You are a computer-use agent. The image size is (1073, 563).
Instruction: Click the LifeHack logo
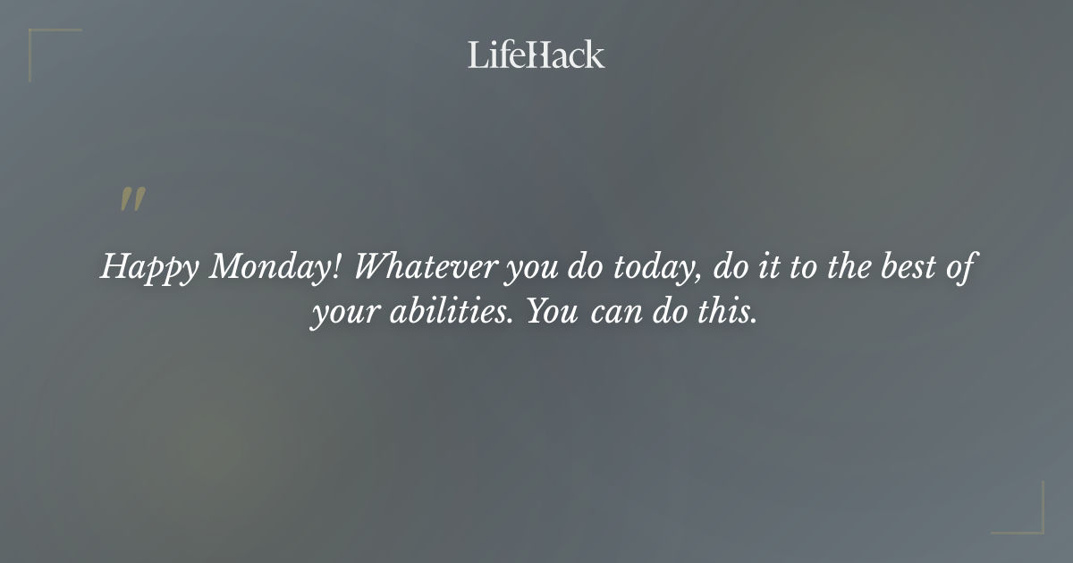pos(536,55)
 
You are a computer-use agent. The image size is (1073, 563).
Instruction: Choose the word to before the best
pos(802,267)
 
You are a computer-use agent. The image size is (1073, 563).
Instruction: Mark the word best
pos(912,266)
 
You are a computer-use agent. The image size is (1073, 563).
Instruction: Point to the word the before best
pos(849,266)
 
